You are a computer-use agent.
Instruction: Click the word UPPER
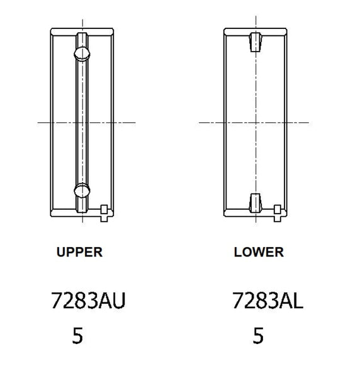[x=79, y=253]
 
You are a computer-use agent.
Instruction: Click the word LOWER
[x=259, y=253]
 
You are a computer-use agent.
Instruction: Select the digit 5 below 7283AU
[x=77, y=335]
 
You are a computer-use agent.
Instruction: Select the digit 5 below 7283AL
[x=258, y=335]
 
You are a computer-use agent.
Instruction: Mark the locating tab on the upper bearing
[x=105, y=210]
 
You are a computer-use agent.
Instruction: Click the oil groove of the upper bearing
[x=82, y=120]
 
